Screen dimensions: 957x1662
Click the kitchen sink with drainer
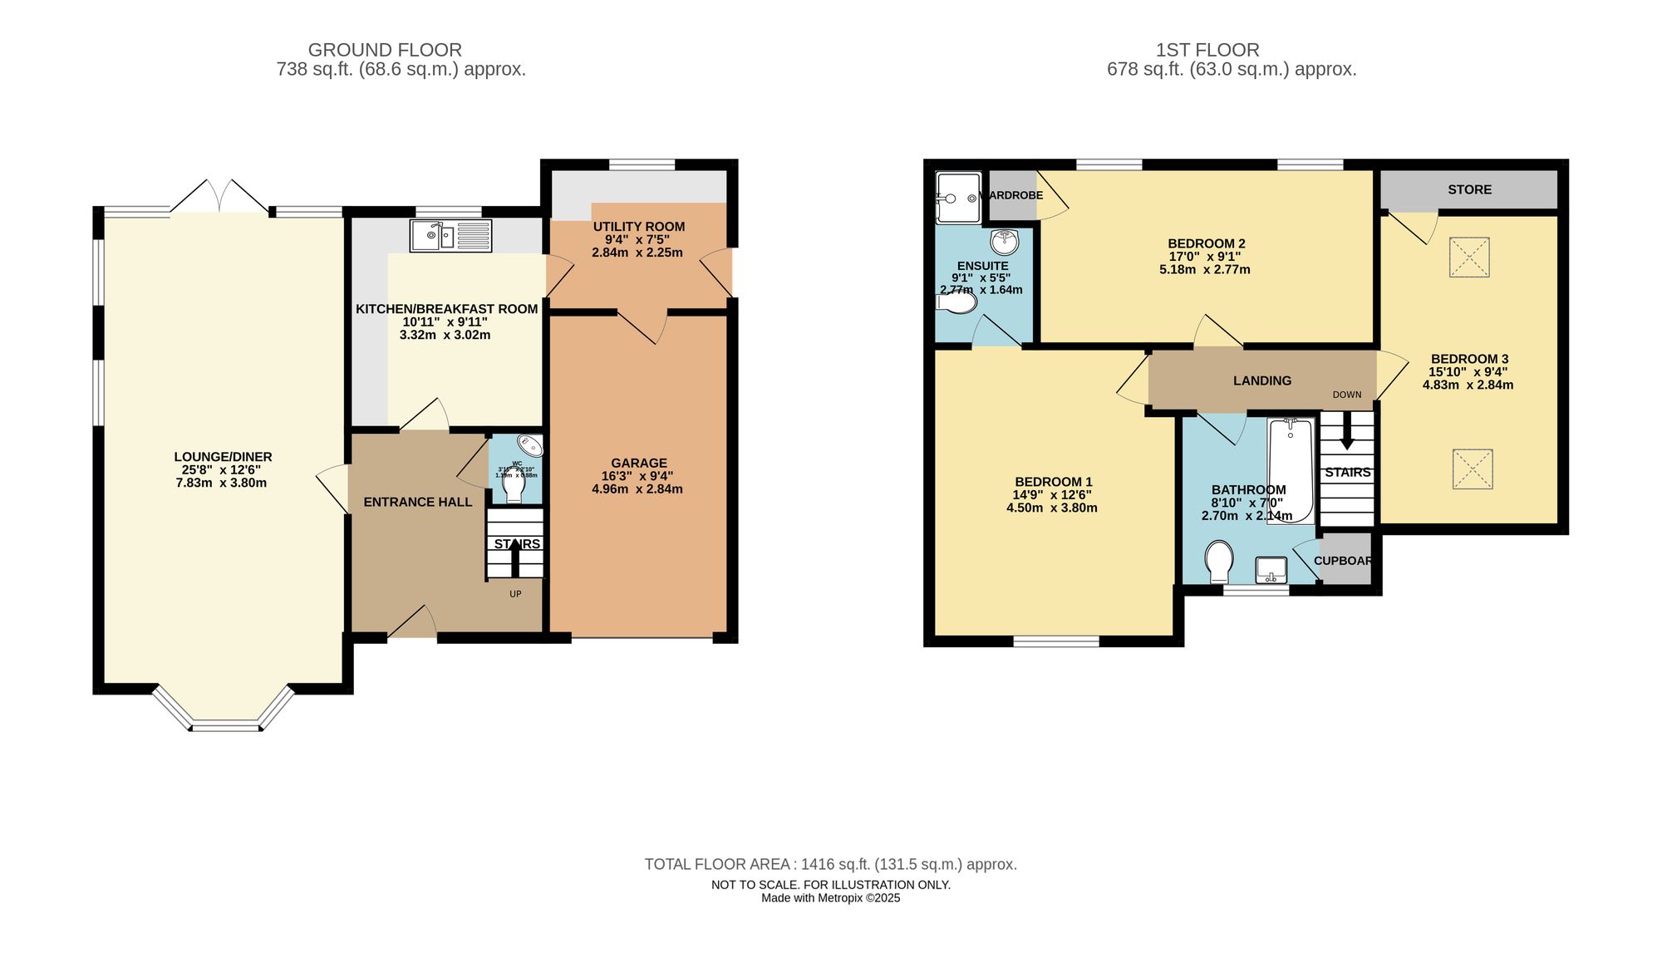[450, 236]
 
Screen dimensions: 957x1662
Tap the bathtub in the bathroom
[1290, 469]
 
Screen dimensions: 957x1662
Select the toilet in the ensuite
[957, 303]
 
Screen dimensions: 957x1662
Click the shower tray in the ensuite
[958, 198]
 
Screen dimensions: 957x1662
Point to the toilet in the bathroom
[1219, 562]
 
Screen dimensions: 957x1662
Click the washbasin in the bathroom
[1271, 570]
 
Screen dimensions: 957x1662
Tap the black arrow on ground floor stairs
[515, 556]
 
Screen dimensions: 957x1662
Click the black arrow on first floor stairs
[1347, 430]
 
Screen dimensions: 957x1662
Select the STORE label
[1469, 189]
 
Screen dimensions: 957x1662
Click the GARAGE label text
[638, 463]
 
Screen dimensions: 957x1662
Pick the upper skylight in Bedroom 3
[1469, 258]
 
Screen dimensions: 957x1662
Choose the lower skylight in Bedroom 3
[1473, 469]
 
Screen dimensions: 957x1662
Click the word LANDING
[1261, 380]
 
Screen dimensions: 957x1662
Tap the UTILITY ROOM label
[638, 226]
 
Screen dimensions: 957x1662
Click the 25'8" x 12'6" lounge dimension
[221, 469]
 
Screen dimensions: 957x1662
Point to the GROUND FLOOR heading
[384, 50]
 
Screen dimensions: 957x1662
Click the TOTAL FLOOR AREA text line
[830, 864]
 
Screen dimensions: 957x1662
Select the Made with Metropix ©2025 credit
[830, 898]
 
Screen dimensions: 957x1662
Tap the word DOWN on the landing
[1346, 395]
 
